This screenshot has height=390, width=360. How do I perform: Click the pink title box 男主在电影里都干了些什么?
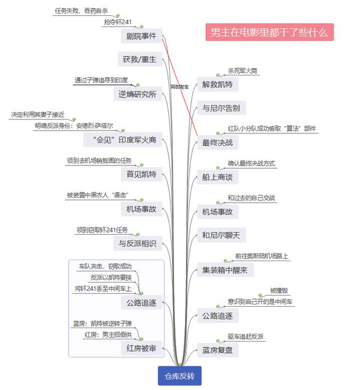click(269, 32)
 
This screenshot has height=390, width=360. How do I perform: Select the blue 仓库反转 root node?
click(179, 376)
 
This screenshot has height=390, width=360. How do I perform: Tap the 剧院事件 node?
click(141, 36)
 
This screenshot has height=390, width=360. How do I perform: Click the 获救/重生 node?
click(139, 59)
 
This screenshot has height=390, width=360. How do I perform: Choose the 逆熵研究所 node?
click(138, 94)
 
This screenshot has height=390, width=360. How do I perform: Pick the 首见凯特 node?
click(141, 174)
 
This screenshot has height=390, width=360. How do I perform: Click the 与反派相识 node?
click(138, 243)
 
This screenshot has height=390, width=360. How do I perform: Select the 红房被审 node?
click(141, 348)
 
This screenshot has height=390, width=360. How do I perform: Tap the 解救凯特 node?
click(218, 84)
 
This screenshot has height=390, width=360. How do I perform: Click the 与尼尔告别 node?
click(222, 107)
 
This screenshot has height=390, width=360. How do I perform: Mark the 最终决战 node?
click(218, 142)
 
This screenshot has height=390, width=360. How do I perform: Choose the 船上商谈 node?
click(218, 177)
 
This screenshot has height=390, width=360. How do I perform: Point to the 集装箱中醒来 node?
click(225, 270)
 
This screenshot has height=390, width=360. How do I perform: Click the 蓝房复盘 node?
click(218, 350)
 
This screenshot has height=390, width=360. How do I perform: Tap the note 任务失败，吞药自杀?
click(82, 11)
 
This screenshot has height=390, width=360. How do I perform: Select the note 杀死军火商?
click(242, 71)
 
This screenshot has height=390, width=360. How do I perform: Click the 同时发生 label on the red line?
click(180, 87)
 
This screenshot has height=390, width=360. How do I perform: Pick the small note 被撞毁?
click(279, 290)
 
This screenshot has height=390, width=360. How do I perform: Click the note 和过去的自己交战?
click(251, 198)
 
